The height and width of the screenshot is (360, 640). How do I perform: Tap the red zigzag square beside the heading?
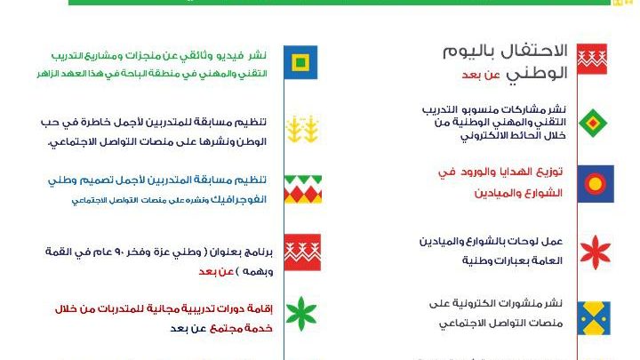click(x=592, y=60)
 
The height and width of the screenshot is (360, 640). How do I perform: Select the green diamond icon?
click(x=593, y=123)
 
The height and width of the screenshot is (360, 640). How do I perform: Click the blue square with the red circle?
click(x=596, y=184)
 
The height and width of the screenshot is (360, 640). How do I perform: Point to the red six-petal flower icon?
click(x=595, y=252)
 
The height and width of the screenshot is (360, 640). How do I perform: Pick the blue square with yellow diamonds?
click(x=594, y=318)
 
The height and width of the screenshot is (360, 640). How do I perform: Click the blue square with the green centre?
click(x=300, y=62)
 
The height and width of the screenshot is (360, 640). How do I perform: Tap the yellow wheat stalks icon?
click(x=302, y=129)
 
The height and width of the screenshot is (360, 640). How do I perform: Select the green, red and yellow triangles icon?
click(x=303, y=189)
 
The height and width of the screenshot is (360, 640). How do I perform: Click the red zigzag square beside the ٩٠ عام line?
click(x=302, y=252)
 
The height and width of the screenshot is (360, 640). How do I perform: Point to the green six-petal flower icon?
click(x=301, y=314)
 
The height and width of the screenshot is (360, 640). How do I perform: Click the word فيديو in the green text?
click(x=230, y=55)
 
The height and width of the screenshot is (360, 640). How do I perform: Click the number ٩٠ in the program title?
click(x=132, y=252)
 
